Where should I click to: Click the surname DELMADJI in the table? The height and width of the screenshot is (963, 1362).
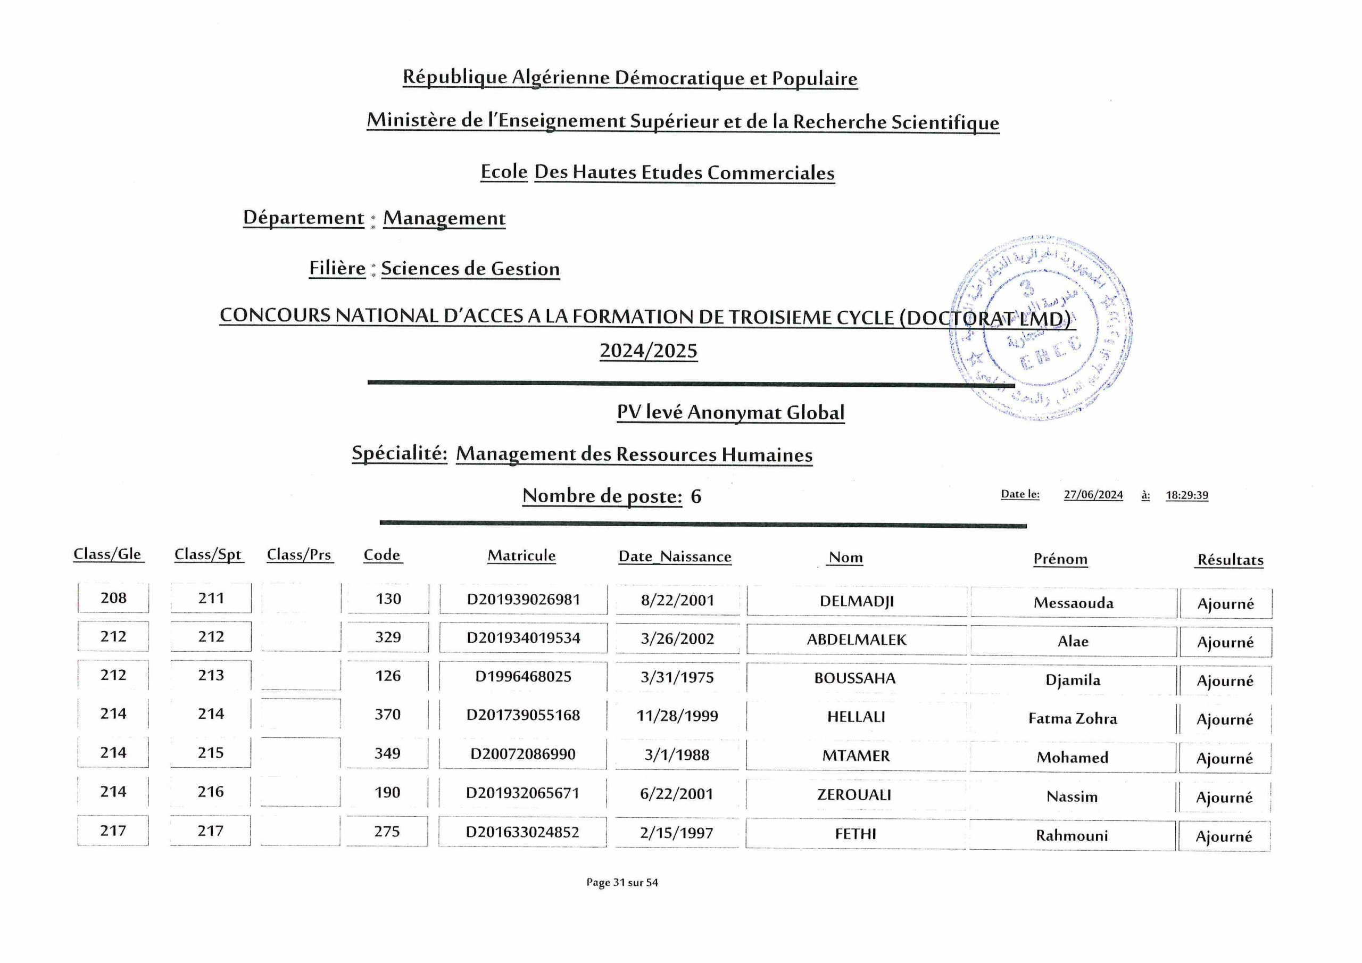[x=856, y=601]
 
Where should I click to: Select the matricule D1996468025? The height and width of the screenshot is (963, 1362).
[x=522, y=676]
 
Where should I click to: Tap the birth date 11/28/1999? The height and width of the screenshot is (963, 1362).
[x=677, y=716]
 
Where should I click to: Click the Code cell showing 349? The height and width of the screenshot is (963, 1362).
[x=387, y=753]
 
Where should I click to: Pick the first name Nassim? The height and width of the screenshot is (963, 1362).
[x=1072, y=797]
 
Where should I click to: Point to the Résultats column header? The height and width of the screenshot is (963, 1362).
[x=1230, y=560]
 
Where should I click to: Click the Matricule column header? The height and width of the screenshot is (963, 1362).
[x=521, y=556]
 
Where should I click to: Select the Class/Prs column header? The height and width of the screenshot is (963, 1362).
[x=299, y=555]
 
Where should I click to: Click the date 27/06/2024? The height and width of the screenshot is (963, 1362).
[x=1093, y=495]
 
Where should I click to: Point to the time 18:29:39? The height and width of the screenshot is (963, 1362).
[x=1186, y=495]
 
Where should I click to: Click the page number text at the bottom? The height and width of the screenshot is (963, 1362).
[x=622, y=883]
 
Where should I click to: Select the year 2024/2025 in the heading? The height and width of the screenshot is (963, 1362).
[x=649, y=351]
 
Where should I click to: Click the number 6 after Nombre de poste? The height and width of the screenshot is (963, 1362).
[x=696, y=496]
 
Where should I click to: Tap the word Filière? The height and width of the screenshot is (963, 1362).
[x=337, y=268]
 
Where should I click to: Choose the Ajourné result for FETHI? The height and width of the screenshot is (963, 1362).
[x=1224, y=836]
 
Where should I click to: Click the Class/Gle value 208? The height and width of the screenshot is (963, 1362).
[x=113, y=598]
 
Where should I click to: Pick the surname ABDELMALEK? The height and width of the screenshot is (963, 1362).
[x=856, y=640]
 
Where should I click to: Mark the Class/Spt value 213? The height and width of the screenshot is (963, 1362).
[x=211, y=675]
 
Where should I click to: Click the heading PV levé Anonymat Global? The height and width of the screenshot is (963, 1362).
[x=730, y=412]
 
